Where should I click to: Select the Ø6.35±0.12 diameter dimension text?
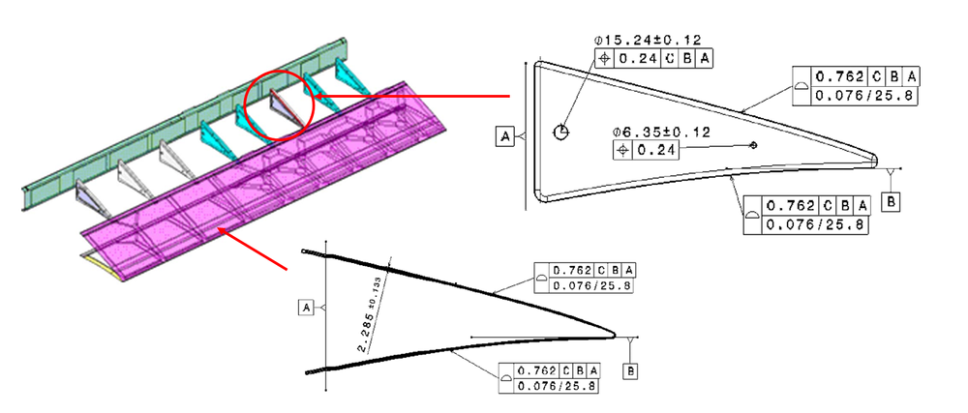point(661,132)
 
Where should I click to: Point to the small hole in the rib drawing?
point(754,145)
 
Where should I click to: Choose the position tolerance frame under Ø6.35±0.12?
point(647,150)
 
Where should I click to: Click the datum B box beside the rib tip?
point(892,200)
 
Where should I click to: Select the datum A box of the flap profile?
point(307,307)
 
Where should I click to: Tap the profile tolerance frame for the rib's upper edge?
point(855,85)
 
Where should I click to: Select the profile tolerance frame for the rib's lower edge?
point(806,215)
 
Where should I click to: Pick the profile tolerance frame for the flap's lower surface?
point(549,377)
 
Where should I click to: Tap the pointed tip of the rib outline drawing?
point(877,159)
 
